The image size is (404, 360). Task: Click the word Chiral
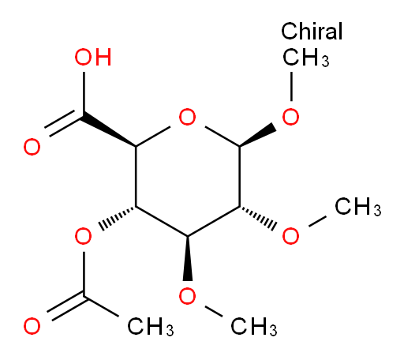312,31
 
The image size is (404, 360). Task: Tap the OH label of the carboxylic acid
93,57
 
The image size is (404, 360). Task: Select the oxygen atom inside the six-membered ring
187,117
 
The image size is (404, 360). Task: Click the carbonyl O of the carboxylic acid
32,147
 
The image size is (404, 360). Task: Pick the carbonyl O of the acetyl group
32,326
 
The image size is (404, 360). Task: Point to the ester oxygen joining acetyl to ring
84,236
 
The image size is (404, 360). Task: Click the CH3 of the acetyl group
151,327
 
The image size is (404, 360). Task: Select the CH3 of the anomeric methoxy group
306,57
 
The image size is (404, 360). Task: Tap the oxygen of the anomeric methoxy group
290,117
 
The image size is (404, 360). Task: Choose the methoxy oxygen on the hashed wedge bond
290,236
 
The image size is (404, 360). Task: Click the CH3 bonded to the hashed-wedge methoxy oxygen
357,207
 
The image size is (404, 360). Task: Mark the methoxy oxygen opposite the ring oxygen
187,296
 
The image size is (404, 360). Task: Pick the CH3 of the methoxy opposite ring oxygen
254,327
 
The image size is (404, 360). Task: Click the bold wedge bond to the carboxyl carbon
109,131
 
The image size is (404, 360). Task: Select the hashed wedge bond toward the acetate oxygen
118,218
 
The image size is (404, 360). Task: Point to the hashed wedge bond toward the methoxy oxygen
258,218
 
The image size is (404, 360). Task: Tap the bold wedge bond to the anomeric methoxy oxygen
257,135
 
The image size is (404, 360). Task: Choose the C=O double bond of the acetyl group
65,307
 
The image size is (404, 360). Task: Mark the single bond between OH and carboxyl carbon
84,93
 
